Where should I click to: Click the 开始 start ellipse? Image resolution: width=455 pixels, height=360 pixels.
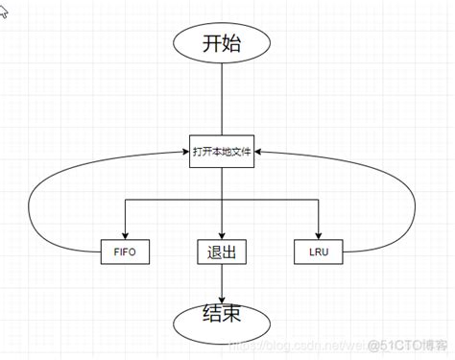221,43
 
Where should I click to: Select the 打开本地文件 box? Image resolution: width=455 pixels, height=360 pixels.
222,151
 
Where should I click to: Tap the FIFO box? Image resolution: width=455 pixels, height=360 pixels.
125,252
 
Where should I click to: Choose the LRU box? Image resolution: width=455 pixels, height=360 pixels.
318,252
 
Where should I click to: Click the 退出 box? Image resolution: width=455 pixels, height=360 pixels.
222,252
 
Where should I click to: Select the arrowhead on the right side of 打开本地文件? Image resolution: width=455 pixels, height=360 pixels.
260,151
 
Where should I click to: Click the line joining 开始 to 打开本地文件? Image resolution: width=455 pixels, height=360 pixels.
222,101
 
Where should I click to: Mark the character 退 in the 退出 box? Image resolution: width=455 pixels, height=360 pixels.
213,252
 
